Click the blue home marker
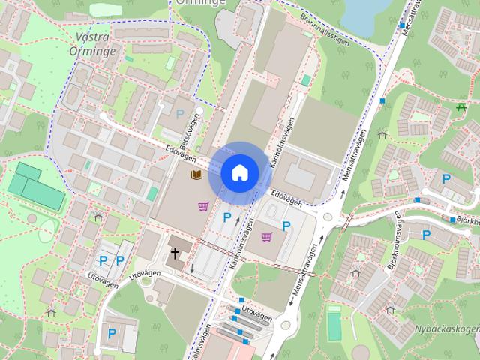(x=239, y=172)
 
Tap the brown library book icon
(x=196, y=175)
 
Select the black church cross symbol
(x=175, y=253)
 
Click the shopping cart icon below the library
(x=203, y=206)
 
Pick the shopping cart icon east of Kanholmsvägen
(x=266, y=236)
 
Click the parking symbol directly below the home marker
(x=226, y=217)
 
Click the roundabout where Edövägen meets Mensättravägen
(x=327, y=219)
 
